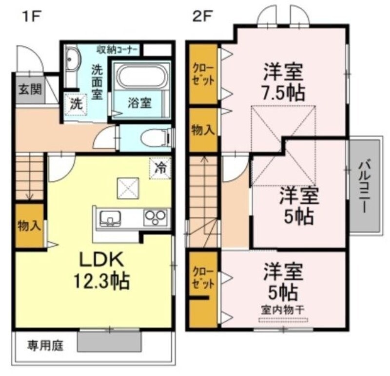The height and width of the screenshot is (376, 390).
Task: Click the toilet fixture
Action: [x=154, y=138]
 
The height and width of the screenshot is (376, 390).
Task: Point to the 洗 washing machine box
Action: [x=76, y=103]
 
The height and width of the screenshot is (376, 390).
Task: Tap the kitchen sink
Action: [x=111, y=218]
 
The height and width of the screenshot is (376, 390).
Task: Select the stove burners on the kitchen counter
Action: [x=156, y=217]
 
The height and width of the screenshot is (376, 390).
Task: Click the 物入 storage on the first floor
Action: [x=29, y=226]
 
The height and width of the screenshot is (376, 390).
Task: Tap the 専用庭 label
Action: [x=45, y=346]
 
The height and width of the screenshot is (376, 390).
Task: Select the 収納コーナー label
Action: [x=117, y=49]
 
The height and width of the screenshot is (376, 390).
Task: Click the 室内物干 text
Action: [x=283, y=309]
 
